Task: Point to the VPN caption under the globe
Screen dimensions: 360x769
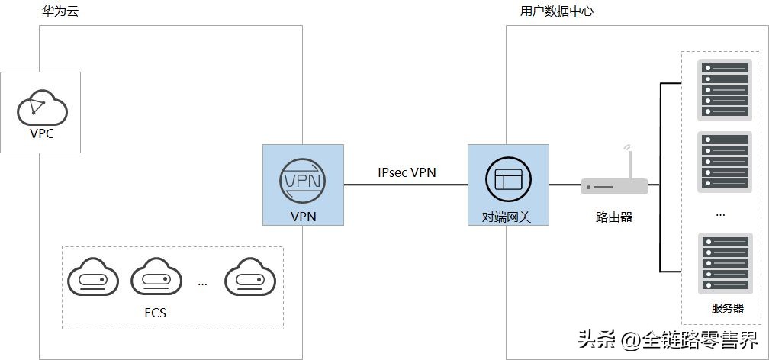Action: click(x=303, y=216)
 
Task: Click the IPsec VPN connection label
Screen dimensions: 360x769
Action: click(x=407, y=172)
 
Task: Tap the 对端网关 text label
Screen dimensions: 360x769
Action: click(x=509, y=217)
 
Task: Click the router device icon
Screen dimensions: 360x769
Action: click(x=614, y=186)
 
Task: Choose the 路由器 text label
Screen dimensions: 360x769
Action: click(x=614, y=217)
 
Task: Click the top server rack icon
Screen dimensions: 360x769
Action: click(x=725, y=90)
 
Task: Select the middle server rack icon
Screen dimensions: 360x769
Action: click(x=725, y=160)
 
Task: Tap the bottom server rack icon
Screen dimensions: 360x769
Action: click(x=725, y=264)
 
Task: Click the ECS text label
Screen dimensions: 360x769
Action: click(x=155, y=312)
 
